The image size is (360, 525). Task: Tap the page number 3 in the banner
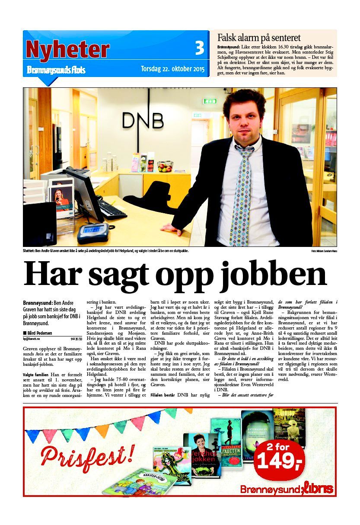199,48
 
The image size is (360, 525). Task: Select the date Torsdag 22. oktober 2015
172,69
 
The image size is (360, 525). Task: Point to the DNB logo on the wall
143,120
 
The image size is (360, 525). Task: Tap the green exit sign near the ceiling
210,101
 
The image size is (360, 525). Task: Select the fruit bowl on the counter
165,166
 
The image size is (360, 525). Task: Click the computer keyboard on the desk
112,209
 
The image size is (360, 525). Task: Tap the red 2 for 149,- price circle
279,460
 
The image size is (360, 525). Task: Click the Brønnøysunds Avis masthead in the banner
56,70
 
